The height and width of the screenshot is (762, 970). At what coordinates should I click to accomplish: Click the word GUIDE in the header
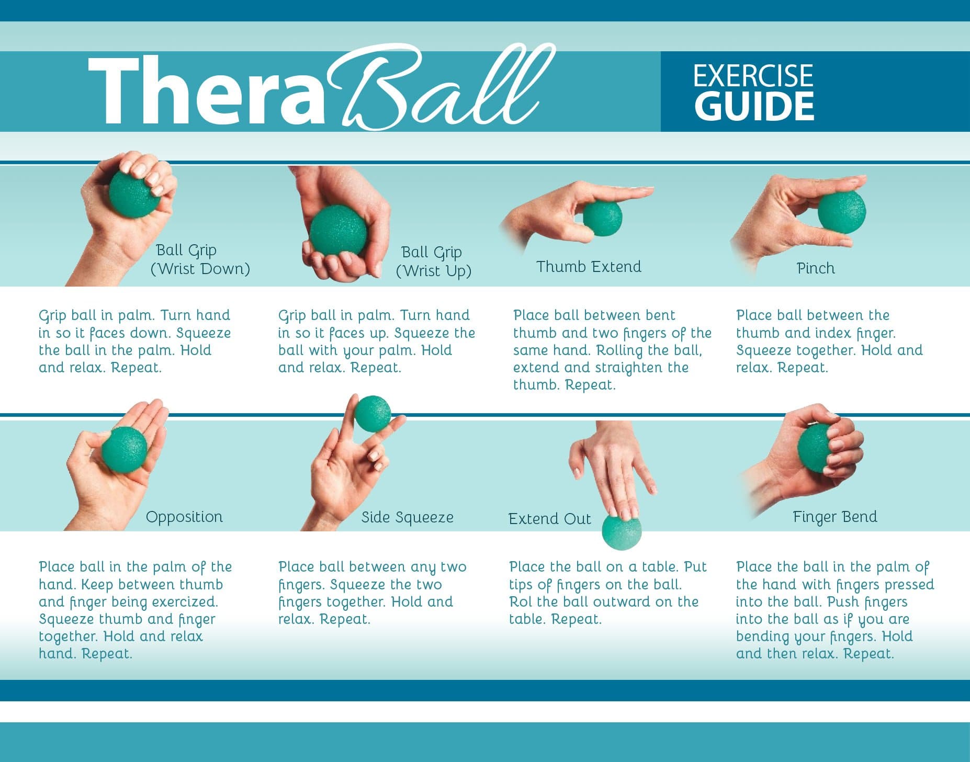pos(754,106)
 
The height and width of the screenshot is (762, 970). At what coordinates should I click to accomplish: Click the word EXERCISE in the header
pos(753,76)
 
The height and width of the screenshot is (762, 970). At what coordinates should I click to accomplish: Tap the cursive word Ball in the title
pos(439,89)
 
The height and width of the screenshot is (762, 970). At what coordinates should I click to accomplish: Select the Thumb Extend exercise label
pos(589,267)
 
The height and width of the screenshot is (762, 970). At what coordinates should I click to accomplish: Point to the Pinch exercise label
pos(815,268)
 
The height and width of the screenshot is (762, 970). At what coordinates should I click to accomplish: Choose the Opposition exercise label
pos(184,517)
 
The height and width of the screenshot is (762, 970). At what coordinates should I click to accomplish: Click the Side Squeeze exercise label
pos(407,517)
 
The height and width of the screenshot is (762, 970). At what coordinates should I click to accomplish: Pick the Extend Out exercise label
pos(549,519)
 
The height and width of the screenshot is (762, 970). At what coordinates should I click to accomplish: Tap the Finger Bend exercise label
pos(834,517)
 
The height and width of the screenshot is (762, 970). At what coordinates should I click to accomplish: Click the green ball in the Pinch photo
pos(841,212)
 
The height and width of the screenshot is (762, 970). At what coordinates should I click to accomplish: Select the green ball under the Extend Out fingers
pos(622,531)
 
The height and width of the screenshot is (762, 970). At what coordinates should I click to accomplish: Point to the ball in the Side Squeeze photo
pos(372,414)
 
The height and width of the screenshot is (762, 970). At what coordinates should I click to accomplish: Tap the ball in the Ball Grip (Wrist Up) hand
pos(338,230)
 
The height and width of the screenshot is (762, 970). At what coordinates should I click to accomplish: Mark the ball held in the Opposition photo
pos(125,449)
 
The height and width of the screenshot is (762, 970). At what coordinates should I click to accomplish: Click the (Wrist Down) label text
pos(200,269)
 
